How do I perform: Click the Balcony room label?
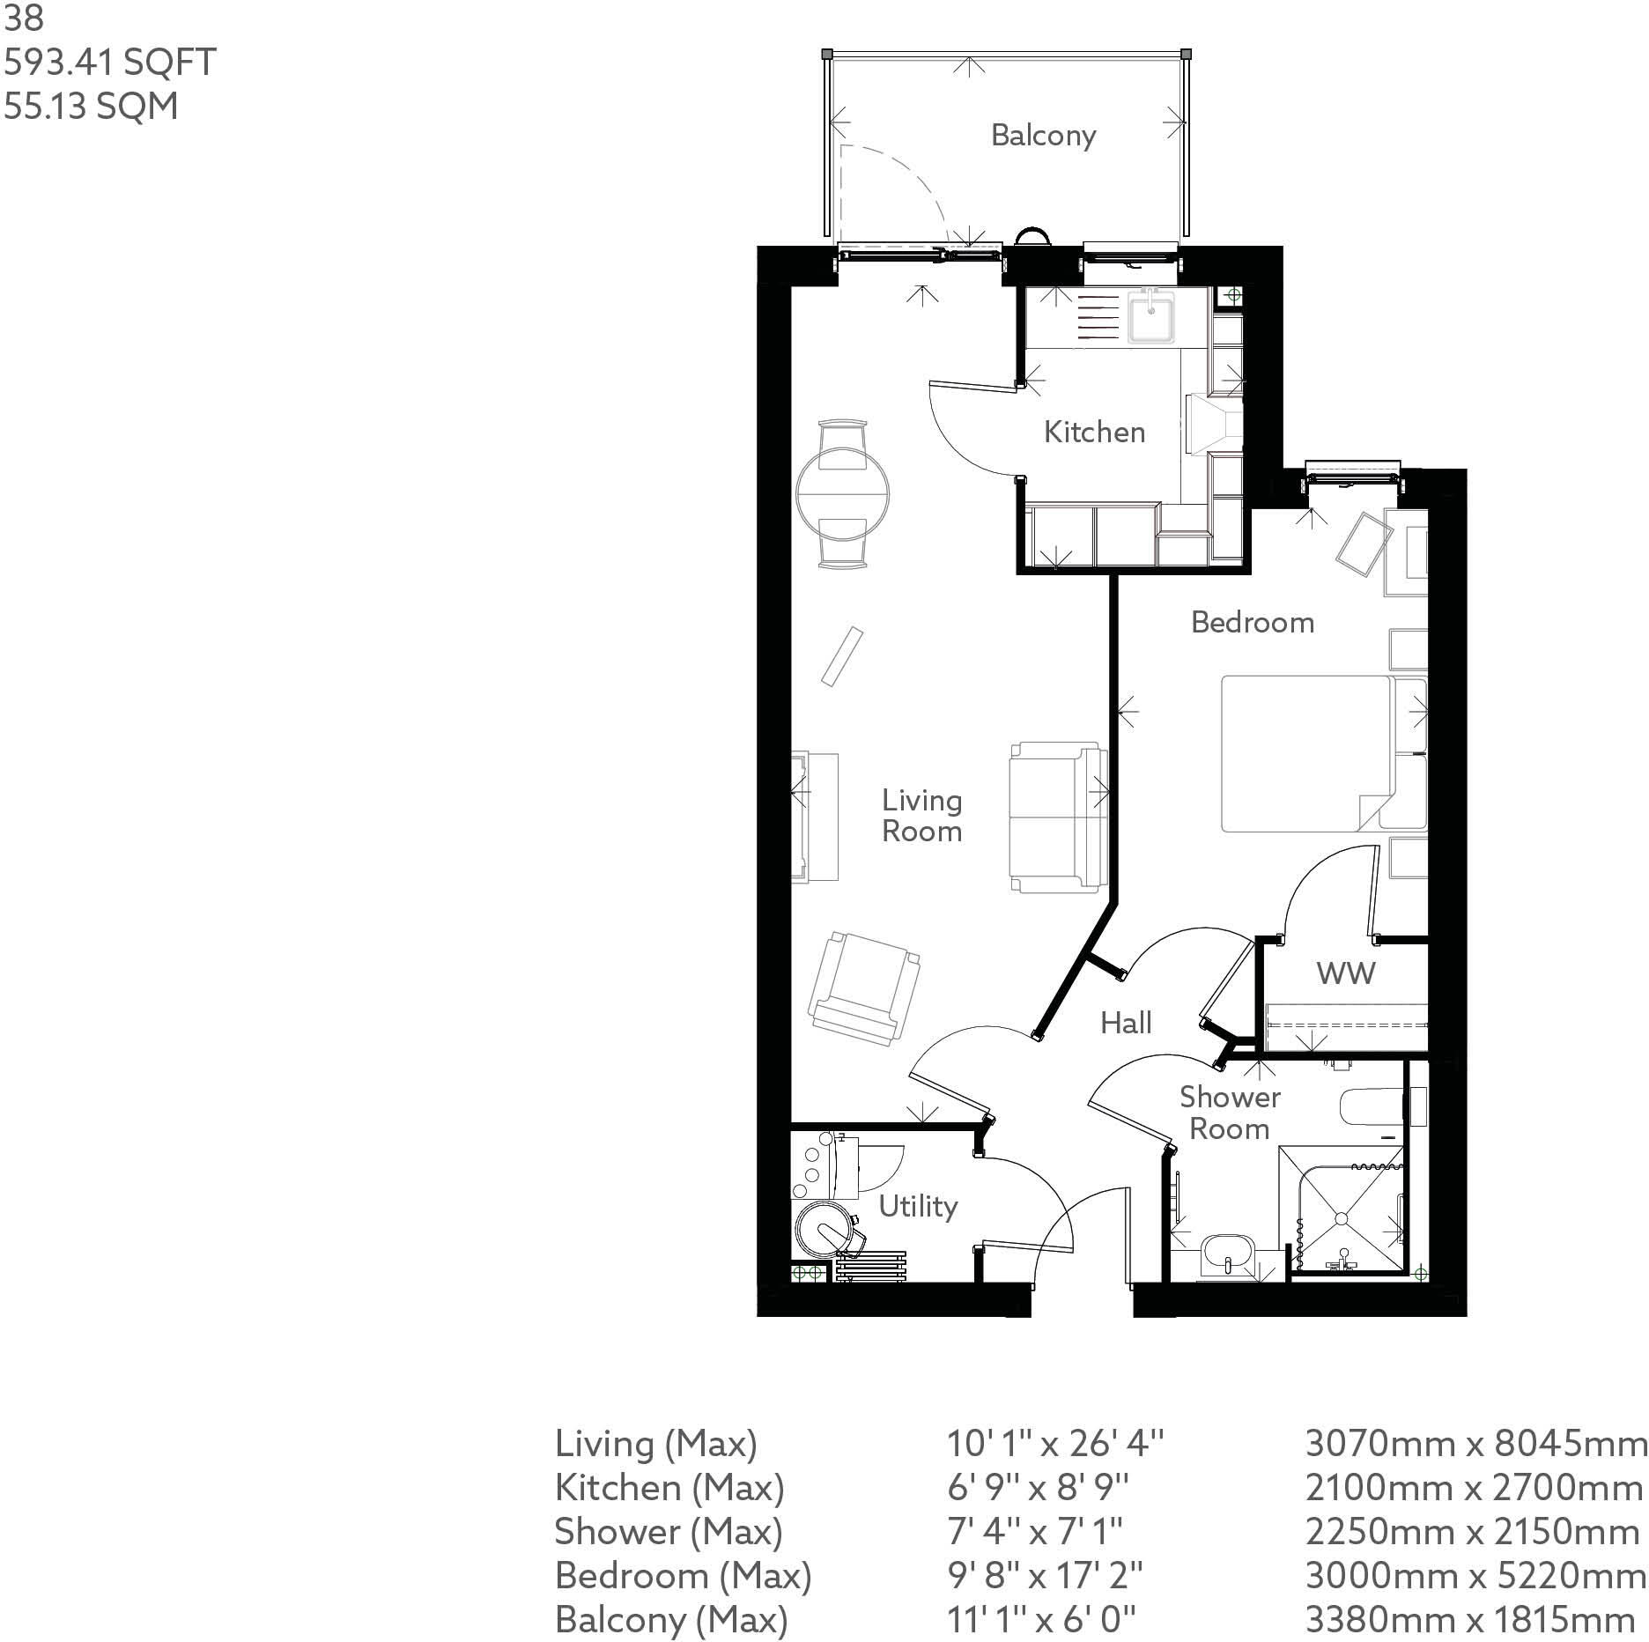(x=1043, y=136)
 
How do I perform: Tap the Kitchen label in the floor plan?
(x=1094, y=432)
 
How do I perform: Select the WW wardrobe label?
(x=1345, y=973)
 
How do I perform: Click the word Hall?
(x=1126, y=1023)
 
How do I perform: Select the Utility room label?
(x=918, y=1206)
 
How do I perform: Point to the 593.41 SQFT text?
(x=110, y=63)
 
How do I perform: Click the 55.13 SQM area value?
(x=91, y=107)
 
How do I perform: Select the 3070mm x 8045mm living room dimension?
(x=1475, y=1444)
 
